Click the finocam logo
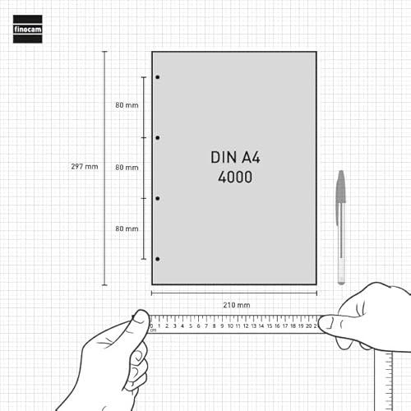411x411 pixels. pos(28,29)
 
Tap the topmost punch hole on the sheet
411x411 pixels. pos(158,77)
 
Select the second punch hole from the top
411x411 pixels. pos(158,138)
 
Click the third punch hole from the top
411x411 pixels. pos(158,198)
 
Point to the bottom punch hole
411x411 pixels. pos(158,259)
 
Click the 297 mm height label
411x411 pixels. pos(85,166)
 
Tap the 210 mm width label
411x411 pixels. pos(237,305)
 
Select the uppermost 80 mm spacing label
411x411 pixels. pos(127,105)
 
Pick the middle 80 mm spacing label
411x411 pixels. pos(127,168)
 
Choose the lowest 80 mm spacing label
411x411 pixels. pos(127,229)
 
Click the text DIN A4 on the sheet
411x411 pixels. pos(235,158)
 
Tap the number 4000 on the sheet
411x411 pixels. pos(235,177)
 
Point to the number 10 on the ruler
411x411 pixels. pos(230,326)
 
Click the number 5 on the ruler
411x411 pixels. pos(191,326)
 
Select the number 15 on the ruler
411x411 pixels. pos(270,326)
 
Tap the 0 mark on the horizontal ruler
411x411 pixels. pos(151,326)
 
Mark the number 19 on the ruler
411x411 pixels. pos(301,326)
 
